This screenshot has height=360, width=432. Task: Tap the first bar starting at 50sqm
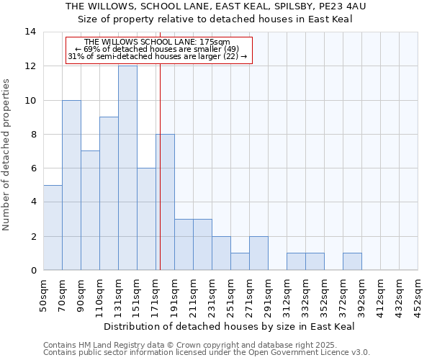pos(53,228)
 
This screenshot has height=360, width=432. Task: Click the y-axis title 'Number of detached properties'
pos(7,155)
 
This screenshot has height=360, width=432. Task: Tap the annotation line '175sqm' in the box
pos(158,42)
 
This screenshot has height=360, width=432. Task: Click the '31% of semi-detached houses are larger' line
pos(158,56)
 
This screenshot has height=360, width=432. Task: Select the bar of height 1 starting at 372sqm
pos(352,261)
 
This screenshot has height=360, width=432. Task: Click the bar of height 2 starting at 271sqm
pos(258,253)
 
